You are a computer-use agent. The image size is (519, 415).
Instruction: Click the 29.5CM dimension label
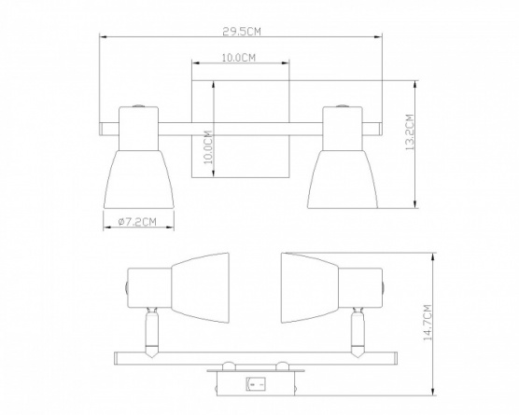[x=242, y=32]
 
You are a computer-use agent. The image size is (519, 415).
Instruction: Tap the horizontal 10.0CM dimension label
[x=239, y=58]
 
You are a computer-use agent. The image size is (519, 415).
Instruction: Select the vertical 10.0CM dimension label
[x=208, y=147]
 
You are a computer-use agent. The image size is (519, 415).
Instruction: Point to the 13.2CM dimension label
[x=410, y=132]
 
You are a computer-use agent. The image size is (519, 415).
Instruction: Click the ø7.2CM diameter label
[x=137, y=222]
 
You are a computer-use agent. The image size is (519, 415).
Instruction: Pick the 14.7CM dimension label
[x=428, y=323]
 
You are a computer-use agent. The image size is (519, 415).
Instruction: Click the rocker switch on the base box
[x=255, y=384]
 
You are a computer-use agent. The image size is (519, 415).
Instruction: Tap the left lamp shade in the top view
[x=139, y=180]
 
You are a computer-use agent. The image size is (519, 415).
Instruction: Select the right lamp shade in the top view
[x=343, y=180]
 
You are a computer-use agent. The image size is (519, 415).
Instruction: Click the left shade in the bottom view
[x=201, y=288]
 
